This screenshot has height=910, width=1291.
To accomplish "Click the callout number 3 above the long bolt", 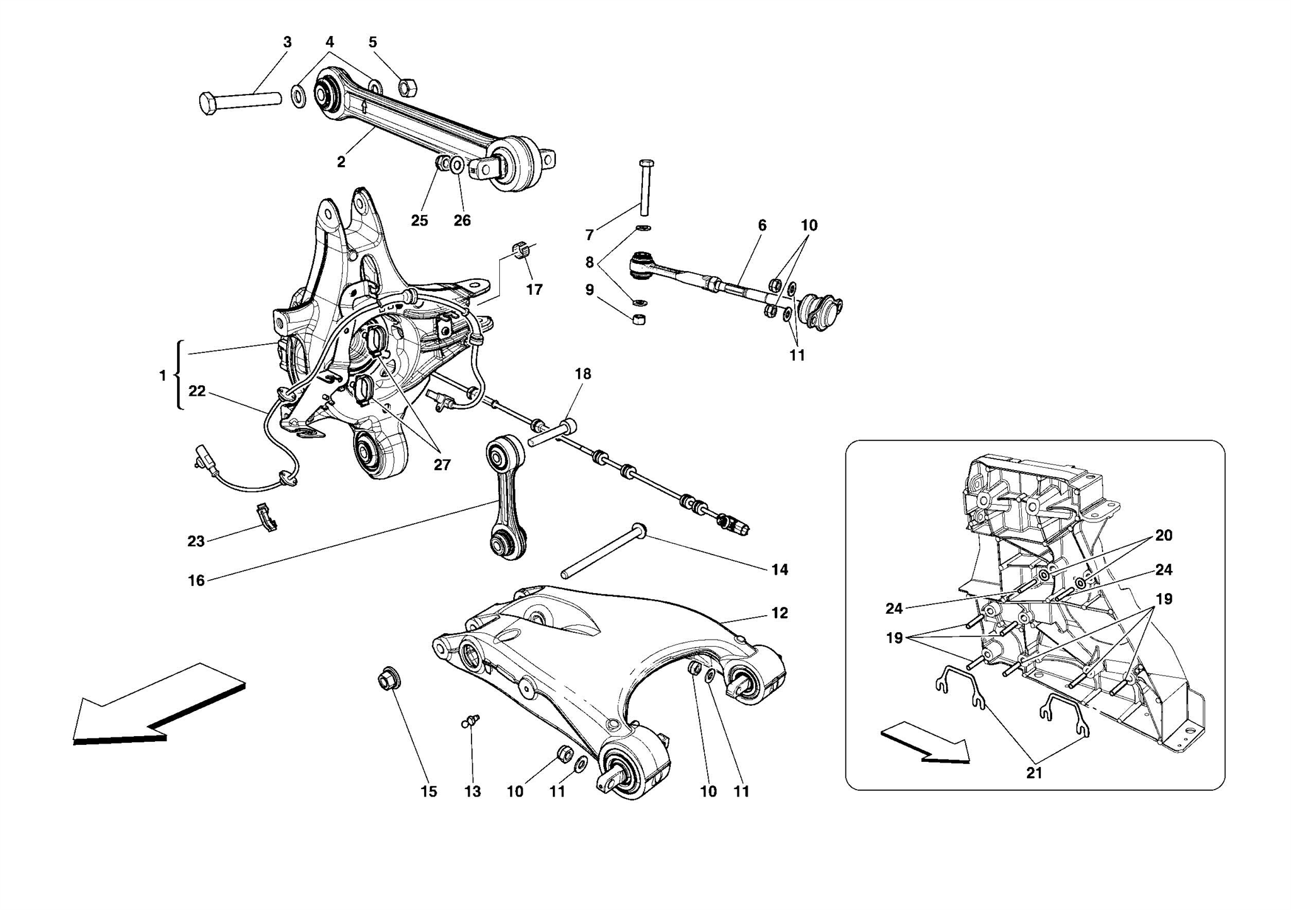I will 287,42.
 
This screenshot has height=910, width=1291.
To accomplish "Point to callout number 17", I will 534,290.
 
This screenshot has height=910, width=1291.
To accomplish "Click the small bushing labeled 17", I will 521,249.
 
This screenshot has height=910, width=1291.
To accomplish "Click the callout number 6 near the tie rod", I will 762,225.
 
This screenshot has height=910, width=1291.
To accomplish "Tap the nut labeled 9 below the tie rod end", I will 639,320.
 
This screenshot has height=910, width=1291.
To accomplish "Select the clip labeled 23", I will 267,517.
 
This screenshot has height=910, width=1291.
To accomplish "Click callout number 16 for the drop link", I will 196,580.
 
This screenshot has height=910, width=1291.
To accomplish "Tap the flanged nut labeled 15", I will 388,680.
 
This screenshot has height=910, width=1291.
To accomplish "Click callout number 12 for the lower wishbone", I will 779,613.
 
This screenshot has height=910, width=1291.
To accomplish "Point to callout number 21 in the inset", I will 1034,773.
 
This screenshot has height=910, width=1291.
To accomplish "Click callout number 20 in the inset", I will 1163,536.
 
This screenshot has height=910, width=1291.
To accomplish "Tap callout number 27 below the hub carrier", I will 442,465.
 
